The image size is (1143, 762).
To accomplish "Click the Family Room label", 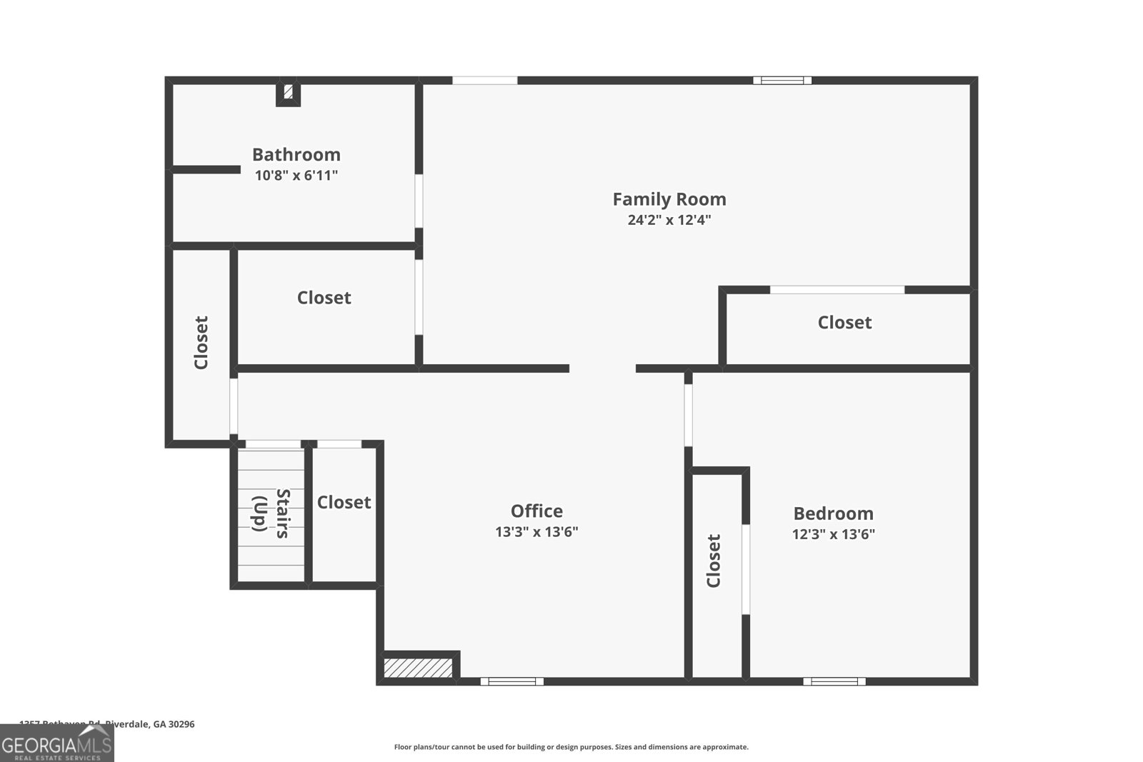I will (x=669, y=199).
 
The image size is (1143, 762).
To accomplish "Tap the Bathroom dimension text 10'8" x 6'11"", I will (x=296, y=176).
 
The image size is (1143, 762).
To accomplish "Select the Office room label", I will (x=536, y=511).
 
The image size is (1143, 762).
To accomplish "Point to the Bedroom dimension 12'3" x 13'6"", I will (x=833, y=534).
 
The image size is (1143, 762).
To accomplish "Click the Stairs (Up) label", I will (x=271, y=513).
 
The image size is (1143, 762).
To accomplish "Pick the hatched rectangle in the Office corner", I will (x=418, y=668).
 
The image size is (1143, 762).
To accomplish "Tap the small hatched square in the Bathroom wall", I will (x=289, y=92).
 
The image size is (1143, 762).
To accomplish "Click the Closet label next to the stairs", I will (x=344, y=503).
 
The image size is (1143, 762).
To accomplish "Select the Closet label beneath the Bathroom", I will (x=324, y=298).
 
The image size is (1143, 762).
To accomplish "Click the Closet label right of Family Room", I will (x=844, y=323).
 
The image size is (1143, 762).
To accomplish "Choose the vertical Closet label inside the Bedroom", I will (x=714, y=561).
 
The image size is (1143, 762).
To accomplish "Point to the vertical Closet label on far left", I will (x=201, y=343).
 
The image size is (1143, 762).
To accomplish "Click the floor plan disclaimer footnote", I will (x=571, y=747).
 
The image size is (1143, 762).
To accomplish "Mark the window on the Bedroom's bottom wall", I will (x=834, y=681).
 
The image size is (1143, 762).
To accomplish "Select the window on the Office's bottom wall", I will (x=511, y=681).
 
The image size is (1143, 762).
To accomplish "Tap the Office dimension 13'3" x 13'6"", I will (x=536, y=532).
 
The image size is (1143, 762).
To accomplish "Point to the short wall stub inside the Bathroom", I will (x=206, y=169).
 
